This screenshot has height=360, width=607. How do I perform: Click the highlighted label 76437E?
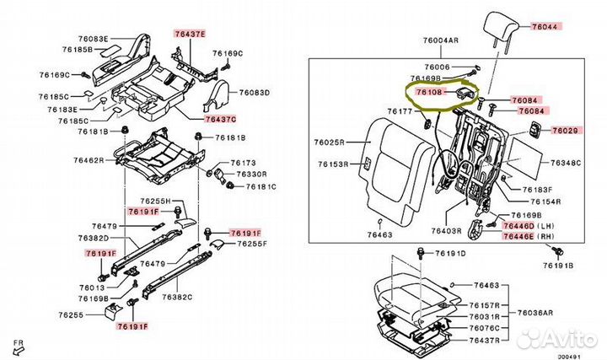(x=190, y=34)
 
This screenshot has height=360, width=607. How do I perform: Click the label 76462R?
(x=89, y=159)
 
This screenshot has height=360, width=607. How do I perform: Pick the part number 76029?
(x=567, y=131)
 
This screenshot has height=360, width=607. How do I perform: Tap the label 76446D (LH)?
(x=529, y=227)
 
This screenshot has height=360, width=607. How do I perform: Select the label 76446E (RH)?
(x=529, y=239)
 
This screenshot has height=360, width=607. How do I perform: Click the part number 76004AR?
(x=442, y=40)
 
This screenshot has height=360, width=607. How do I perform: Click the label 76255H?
(x=154, y=201)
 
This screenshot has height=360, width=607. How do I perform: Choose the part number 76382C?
(x=178, y=297)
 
